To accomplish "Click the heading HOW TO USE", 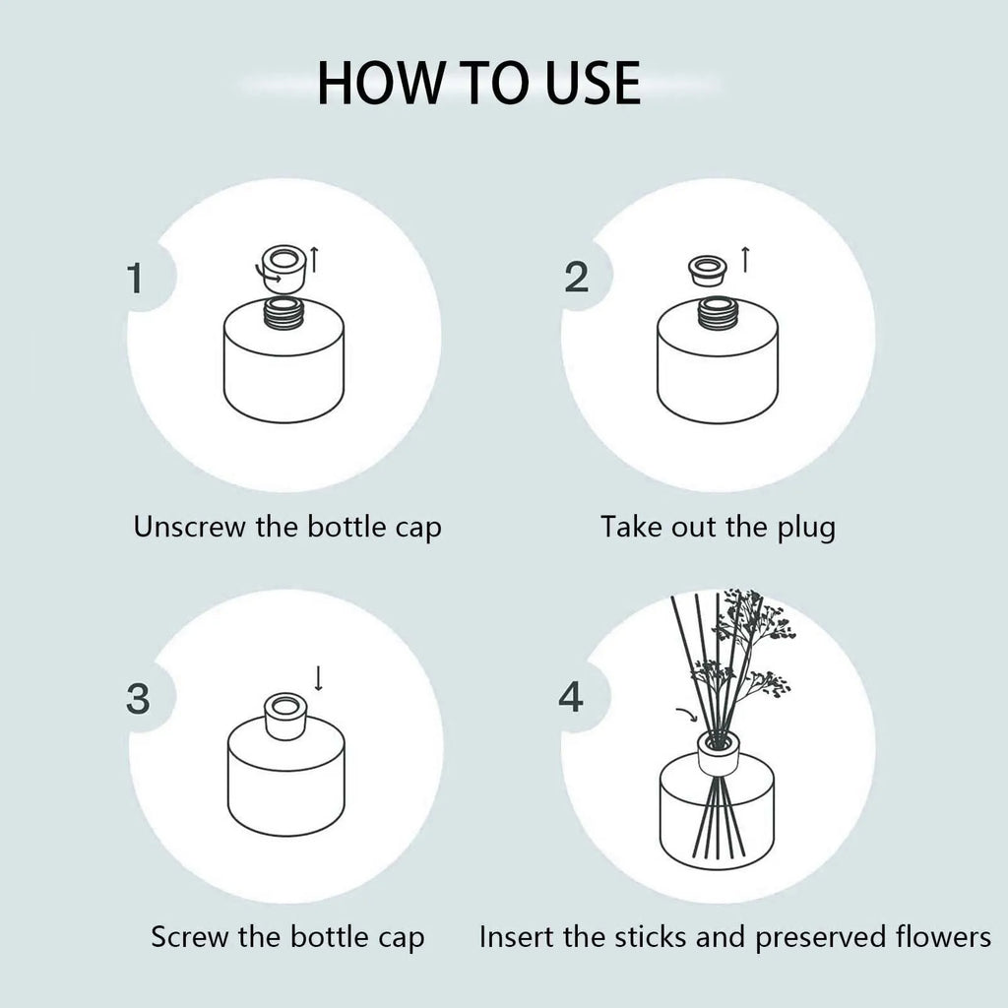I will coord(478,83).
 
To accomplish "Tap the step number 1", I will coord(136,279).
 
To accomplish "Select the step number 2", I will coord(577,279).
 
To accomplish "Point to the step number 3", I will coord(139,699).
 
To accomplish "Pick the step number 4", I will coord(571,699).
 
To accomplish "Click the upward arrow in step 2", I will coord(745,260).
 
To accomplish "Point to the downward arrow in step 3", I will coord(318,677).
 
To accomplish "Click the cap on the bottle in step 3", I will coord(286,712).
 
